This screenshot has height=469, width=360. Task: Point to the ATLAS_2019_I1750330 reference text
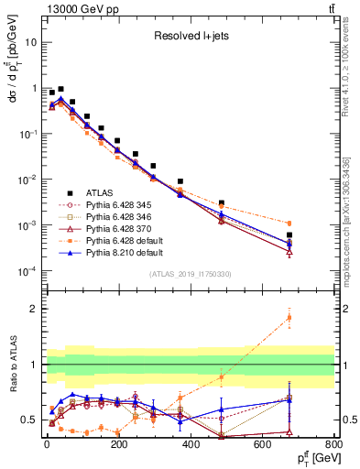tap(190, 274)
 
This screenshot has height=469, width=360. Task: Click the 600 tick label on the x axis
tap(261, 445)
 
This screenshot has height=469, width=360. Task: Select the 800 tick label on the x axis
tap(333, 445)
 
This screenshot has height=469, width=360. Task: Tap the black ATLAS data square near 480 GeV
tap(222, 202)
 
